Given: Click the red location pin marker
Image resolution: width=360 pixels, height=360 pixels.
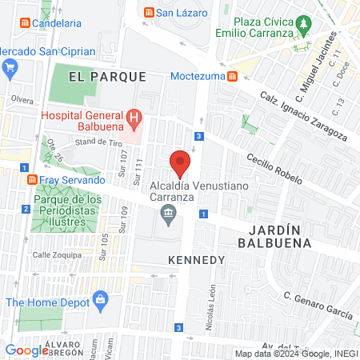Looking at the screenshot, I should (180, 162).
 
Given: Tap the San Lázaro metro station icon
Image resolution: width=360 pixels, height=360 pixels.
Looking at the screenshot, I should (148, 12).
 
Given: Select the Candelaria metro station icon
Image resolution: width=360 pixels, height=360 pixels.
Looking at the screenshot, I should (24, 24).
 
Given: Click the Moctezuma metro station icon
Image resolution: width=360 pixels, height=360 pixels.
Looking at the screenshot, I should (232, 76).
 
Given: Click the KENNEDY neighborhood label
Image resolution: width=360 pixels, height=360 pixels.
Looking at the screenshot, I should (196, 261).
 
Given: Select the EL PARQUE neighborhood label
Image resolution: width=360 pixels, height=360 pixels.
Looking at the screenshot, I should (107, 77).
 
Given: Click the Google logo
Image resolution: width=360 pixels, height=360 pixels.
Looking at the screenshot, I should (26, 350).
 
